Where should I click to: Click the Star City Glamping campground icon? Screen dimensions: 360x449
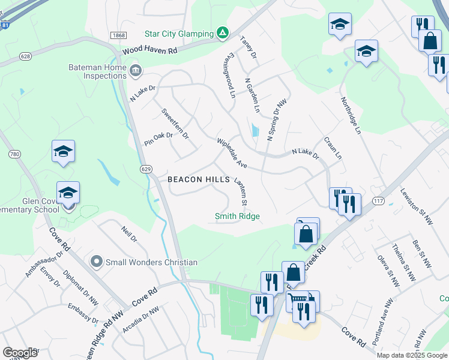click(223, 33)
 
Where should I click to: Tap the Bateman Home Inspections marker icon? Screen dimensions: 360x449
click(136, 71)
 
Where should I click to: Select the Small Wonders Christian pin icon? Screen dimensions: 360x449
click(96, 262)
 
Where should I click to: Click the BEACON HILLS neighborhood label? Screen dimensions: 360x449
click(199, 179)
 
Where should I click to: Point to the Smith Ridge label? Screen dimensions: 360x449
click(238, 216)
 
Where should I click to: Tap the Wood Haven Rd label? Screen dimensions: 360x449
click(150, 52)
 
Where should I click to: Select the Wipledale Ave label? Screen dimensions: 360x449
click(232, 154)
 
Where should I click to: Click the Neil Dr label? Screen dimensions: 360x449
click(129, 235)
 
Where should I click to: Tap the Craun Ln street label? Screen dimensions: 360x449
click(333, 148)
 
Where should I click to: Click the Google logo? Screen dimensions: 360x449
click(20, 353)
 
